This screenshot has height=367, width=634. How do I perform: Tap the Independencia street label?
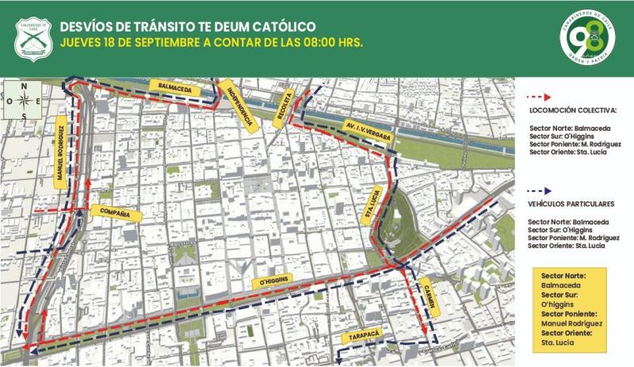tap(239, 105)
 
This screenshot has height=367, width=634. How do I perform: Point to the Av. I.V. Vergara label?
tap(368, 132)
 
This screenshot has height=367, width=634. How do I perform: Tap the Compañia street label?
tap(116, 212)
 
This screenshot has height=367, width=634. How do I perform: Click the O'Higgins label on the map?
tap(270, 281)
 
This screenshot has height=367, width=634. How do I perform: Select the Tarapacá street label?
tap(361, 338)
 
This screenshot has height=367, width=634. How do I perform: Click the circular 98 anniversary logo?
tap(587, 36)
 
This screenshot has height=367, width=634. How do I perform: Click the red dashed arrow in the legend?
tap(545, 96)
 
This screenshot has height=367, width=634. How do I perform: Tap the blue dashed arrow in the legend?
tap(545, 190)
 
